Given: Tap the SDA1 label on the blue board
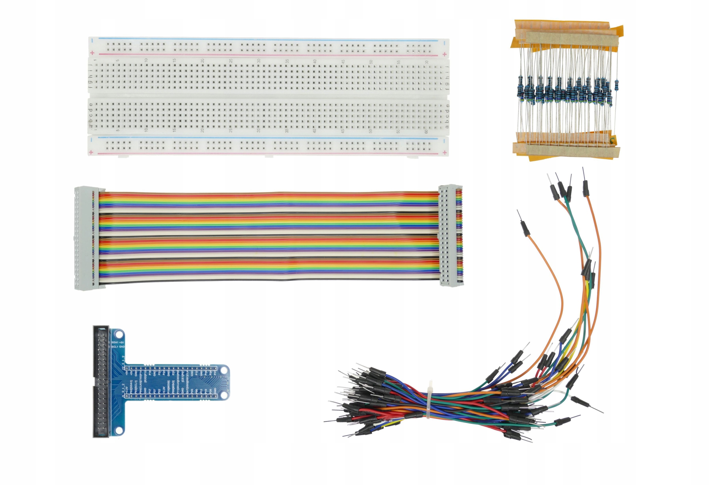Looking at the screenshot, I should click(x=115, y=342).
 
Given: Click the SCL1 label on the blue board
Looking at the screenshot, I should click(x=115, y=347).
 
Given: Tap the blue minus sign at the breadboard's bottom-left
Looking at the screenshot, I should click(x=92, y=141).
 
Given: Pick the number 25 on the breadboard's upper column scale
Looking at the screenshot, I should click(x=231, y=61).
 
